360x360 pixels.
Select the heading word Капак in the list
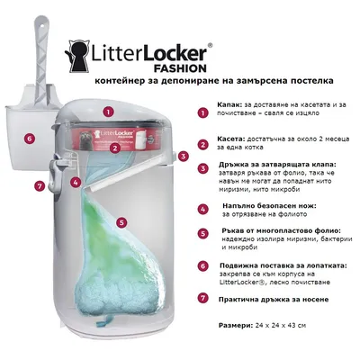coord(233,103)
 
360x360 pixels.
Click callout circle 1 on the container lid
coord(107,112)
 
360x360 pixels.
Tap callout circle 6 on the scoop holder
coord(29,139)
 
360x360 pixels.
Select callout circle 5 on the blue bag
coord(121,220)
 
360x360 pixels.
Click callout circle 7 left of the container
coord(39,186)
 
